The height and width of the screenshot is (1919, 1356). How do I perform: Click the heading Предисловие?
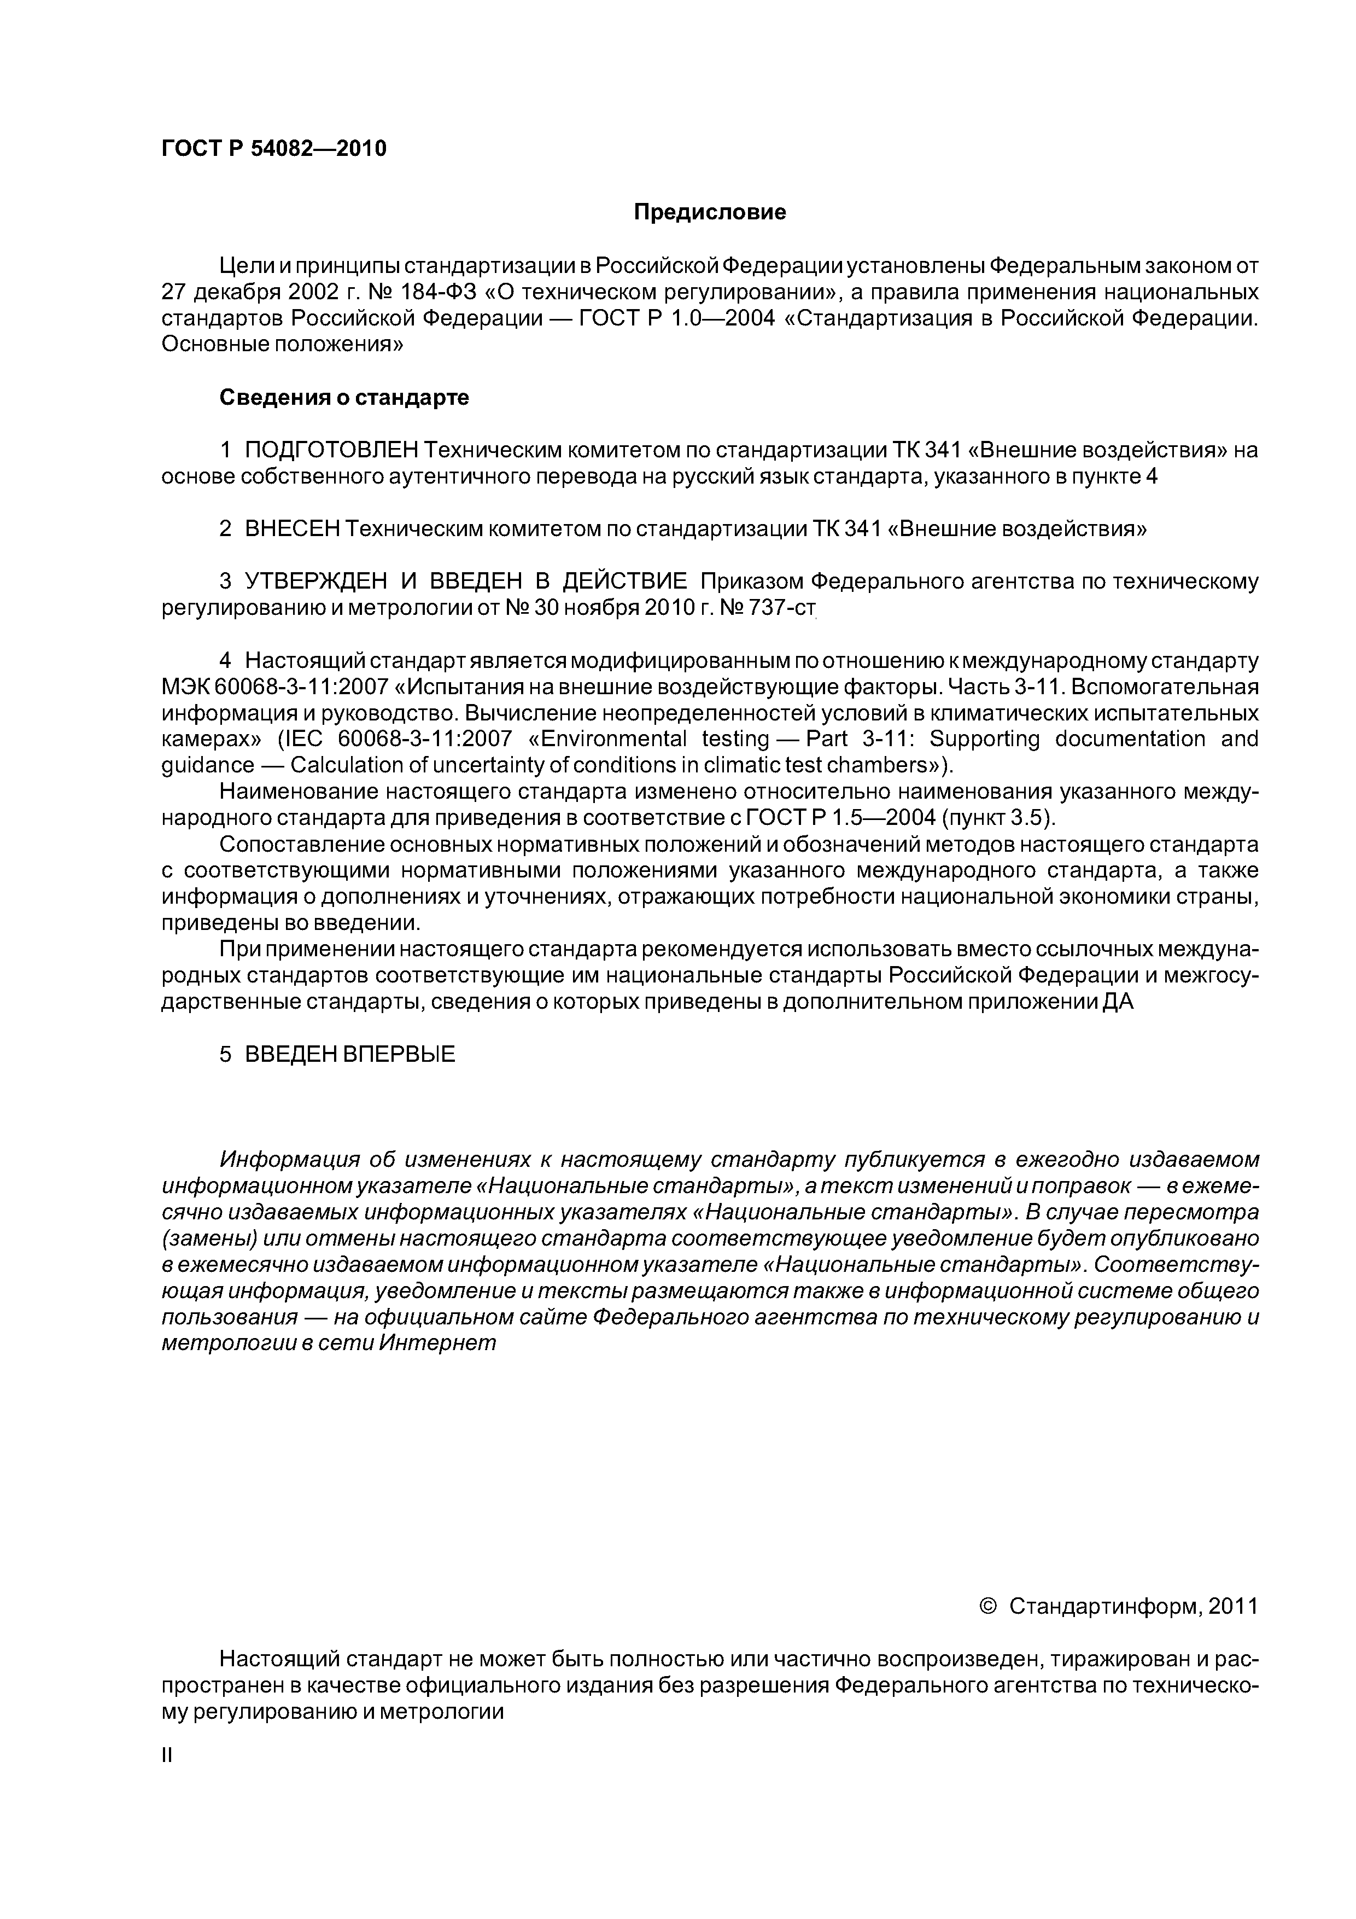(709, 212)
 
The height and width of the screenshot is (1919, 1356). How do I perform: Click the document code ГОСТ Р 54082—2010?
(274, 149)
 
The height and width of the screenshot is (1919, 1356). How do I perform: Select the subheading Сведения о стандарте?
(344, 398)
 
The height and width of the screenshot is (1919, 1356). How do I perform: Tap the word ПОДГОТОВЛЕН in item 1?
(331, 451)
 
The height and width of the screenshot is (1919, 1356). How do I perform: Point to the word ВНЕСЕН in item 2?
(293, 529)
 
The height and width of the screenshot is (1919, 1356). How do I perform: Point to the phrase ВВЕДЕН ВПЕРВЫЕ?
(350, 1054)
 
